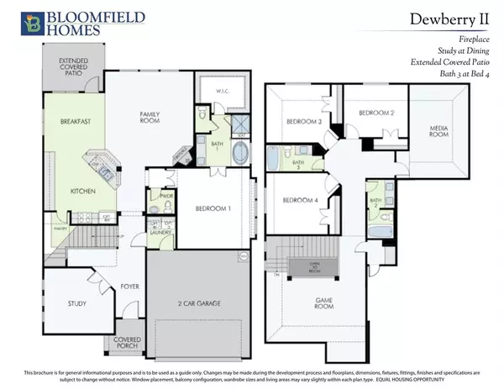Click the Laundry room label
pyautogui.click(x=160, y=233)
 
